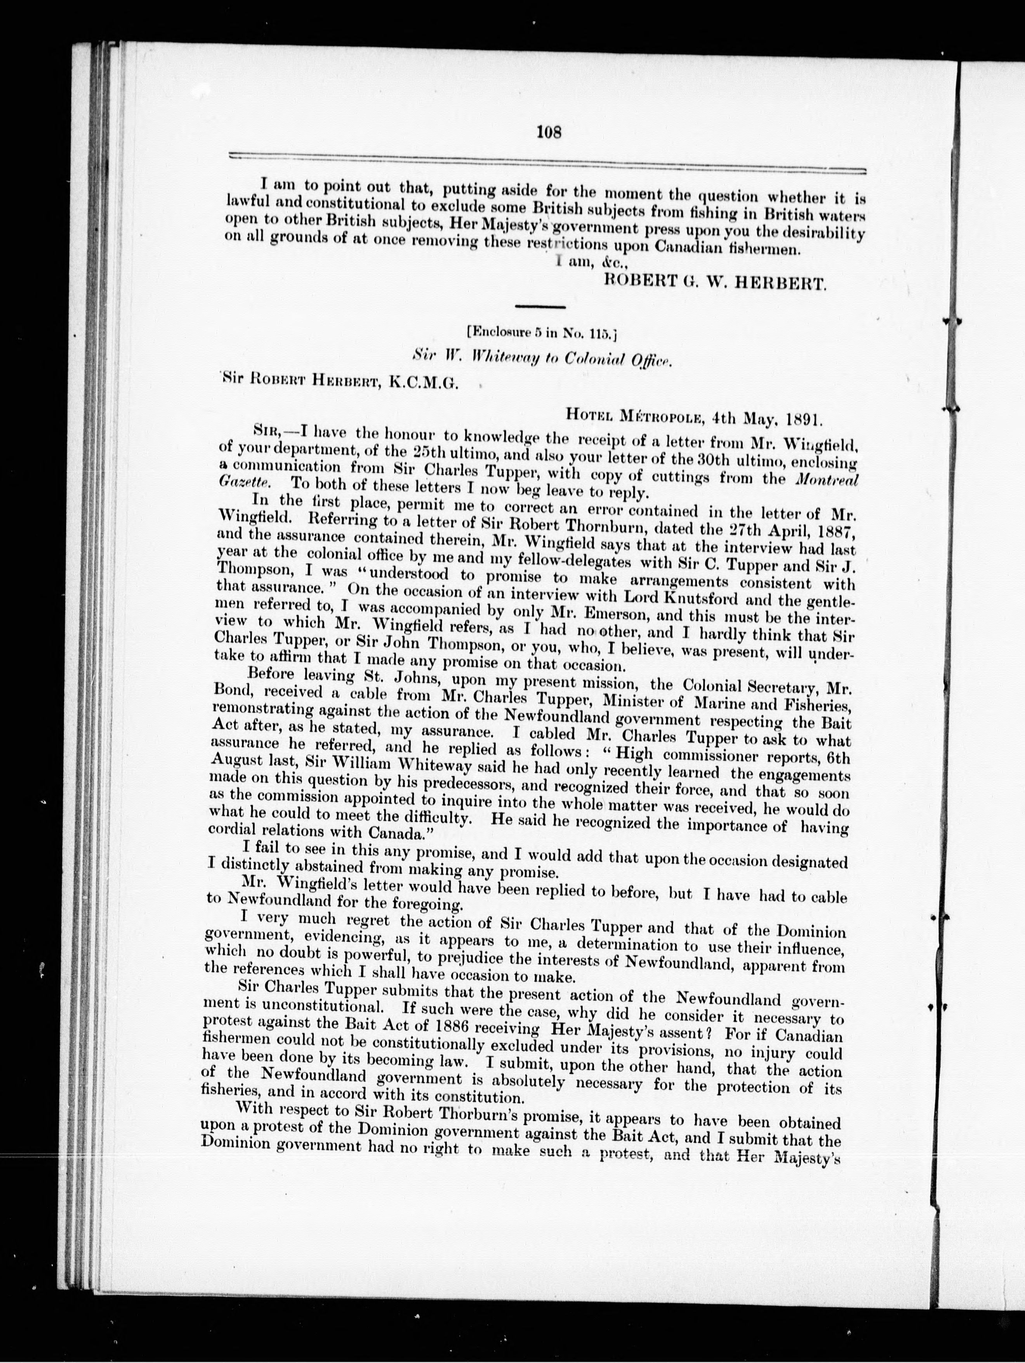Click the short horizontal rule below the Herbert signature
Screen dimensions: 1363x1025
(x=539, y=307)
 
